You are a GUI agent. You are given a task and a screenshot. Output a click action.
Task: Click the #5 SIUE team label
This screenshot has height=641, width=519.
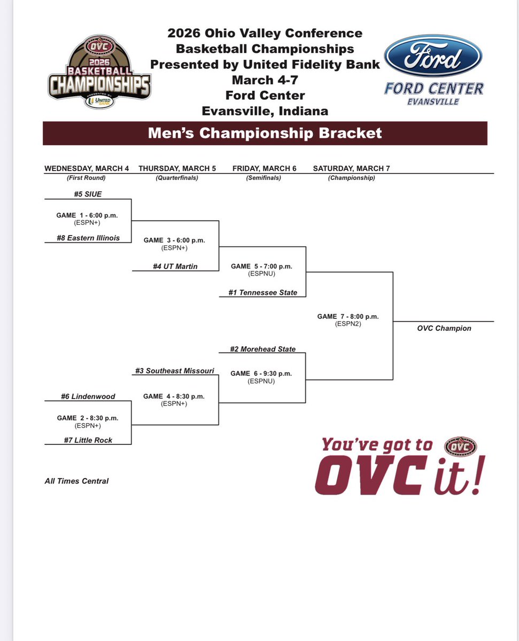[x=88, y=194]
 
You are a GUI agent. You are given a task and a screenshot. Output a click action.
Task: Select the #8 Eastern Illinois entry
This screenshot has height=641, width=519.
[x=88, y=238]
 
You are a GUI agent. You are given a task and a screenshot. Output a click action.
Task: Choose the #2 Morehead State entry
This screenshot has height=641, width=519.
[x=262, y=349]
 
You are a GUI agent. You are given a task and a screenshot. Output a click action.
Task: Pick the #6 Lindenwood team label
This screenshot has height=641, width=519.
[x=88, y=396]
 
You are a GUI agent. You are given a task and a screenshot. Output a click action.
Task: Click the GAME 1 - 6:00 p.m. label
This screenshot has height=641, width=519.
[x=87, y=215]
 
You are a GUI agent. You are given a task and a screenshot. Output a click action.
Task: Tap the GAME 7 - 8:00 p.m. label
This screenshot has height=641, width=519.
[x=348, y=316]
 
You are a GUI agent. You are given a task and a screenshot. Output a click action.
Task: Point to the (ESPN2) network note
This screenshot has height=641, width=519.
[x=348, y=324]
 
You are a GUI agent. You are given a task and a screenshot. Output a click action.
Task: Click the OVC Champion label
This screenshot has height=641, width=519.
[x=444, y=328]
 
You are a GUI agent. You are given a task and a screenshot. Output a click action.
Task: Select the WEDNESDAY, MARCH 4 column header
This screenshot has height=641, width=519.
[x=87, y=168]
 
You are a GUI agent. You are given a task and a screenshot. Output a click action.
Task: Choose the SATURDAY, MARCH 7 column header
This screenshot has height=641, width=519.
[x=351, y=168]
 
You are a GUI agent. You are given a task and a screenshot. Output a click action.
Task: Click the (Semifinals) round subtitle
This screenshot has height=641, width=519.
[x=264, y=178]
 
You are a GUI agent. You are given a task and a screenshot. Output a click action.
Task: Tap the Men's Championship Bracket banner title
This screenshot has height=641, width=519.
[x=265, y=133]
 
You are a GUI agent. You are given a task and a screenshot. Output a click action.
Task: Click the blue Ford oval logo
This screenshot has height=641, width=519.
[x=433, y=56]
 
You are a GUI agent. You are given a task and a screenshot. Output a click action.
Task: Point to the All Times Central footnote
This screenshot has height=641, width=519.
[x=76, y=481]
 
